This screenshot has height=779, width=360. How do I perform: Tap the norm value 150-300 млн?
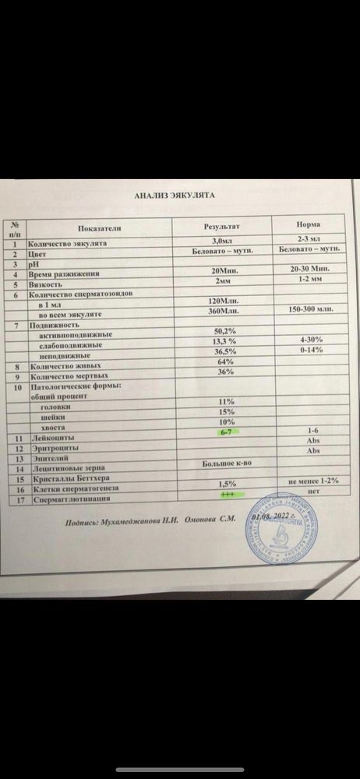(x=310, y=308)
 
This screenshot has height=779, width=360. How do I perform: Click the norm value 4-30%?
(x=311, y=340)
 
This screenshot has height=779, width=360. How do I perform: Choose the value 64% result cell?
(x=224, y=361)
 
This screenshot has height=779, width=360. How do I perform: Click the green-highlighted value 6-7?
(x=226, y=431)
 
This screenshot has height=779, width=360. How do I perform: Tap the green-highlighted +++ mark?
(x=227, y=493)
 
